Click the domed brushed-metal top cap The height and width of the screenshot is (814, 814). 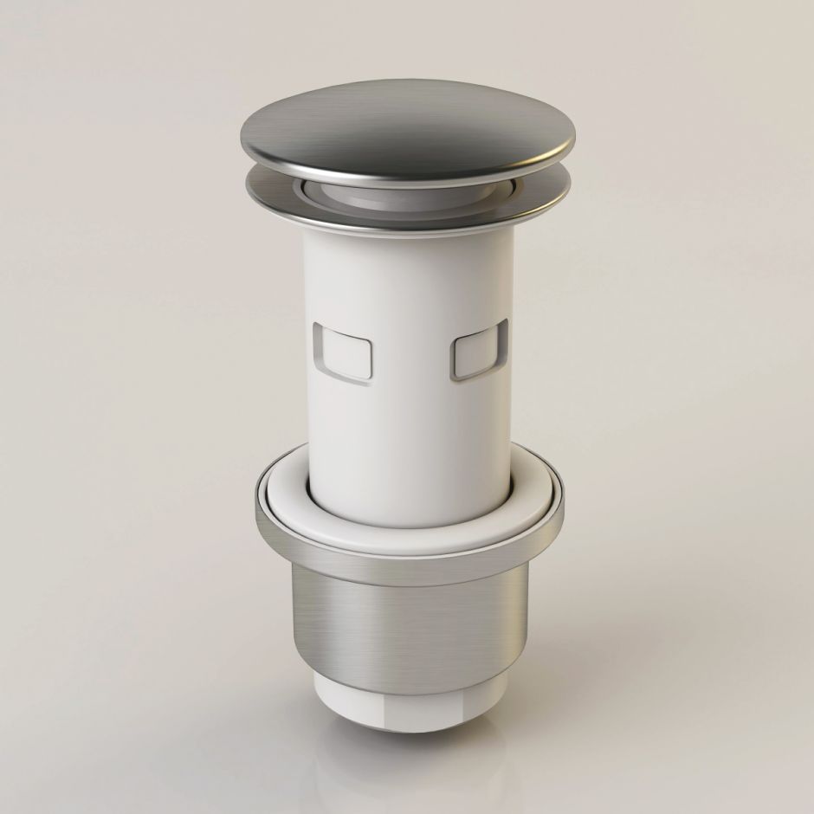pyautogui.click(x=407, y=130)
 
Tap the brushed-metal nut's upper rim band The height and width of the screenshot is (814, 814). pyautogui.click(x=407, y=563)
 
